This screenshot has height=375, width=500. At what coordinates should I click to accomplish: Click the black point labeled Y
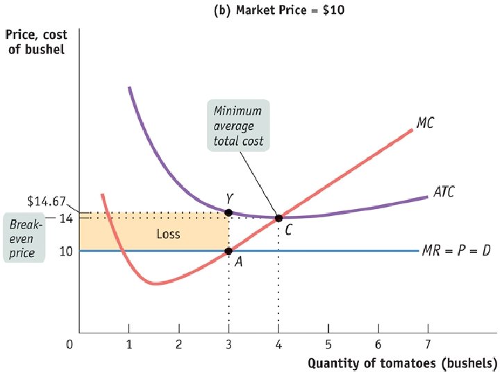pyautogui.click(x=229, y=211)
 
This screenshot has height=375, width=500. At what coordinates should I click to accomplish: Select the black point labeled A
pyautogui.click(x=229, y=251)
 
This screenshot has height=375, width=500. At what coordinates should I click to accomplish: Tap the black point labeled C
pyautogui.click(x=278, y=218)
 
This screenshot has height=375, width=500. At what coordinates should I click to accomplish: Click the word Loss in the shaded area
pyautogui.click(x=168, y=234)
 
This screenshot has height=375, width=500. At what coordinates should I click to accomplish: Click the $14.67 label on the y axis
pyautogui.click(x=46, y=202)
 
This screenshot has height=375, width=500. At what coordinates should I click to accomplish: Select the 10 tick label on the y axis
pyautogui.click(x=65, y=251)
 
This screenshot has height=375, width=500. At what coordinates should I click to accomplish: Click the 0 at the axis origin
pyautogui.click(x=70, y=344)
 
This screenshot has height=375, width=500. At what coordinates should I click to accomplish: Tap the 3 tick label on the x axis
pyautogui.click(x=229, y=344)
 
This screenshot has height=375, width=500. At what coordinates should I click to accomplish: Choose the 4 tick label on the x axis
pyautogui.click(x=278, y=344)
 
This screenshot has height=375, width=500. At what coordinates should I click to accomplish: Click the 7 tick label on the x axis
pyautogui.click(x=428, y=344)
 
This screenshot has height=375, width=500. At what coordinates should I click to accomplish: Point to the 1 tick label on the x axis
pyautogui.click(x=129, y=344)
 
